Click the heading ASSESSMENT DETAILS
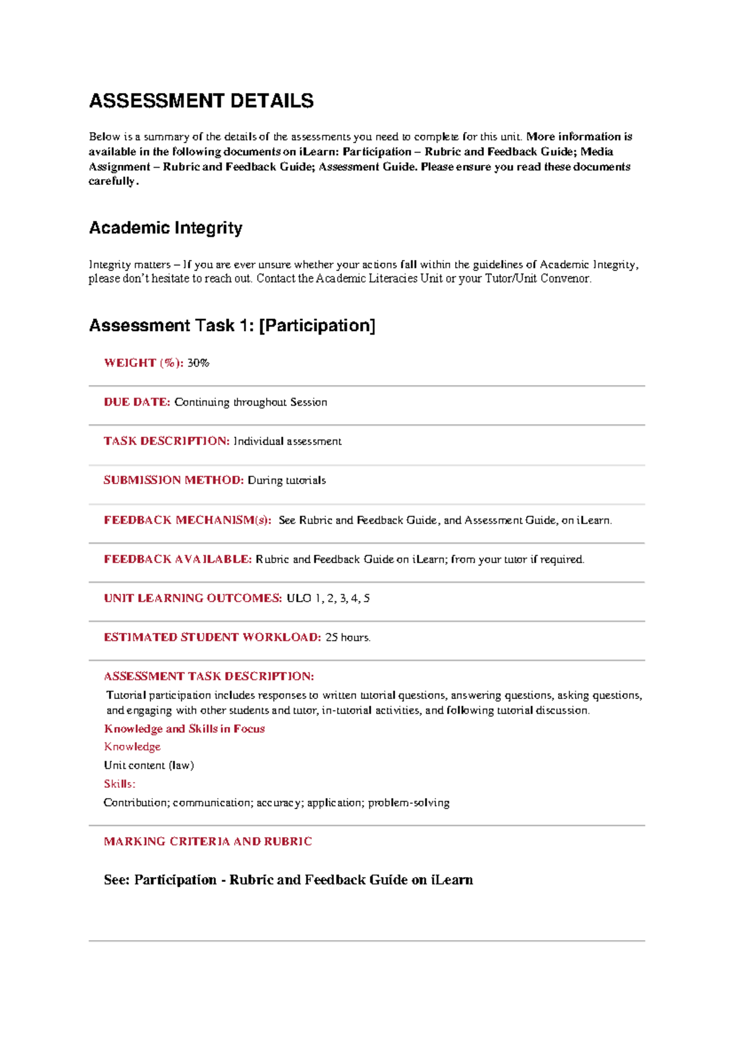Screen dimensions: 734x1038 pyautogui.click(x=201, y=101)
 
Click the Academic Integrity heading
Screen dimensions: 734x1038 pyautogui.click(x=166, y=228)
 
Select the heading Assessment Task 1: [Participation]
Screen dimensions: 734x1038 pyautogui.click(x=232, y=325)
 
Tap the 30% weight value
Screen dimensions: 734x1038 pyautogui.click(x=198, y=363)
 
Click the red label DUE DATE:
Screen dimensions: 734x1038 pyautogui.click(x=136, y=402)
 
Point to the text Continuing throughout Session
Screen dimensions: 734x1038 pyautogui.click(x=251, y=402)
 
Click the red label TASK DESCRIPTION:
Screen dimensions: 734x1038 pyautogui.click(x=166, y=441)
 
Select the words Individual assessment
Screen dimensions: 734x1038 pyautogui.click(x=287, y=441)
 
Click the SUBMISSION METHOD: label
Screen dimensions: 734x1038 pyautogui.click(x=174, y=480)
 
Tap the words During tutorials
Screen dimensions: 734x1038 pyautogui.click(x=287, y=480)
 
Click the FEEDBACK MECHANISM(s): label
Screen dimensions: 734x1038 pyautogui.click(x=187, y=520)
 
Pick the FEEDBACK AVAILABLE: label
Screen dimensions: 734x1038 pyautogui.click(x=177, y=559)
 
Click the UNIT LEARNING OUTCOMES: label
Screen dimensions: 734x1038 pyautogui.click(x=193, y=599)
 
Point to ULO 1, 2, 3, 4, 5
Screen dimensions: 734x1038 pyautogui.click(x=328, y=599)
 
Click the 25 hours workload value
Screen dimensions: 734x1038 pyautogui.click(x=347, y=638)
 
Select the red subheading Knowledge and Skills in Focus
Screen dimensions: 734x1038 pyautogui.click(x=184, y=729)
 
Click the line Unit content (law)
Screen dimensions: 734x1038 pyautogui.click(x=149, y=766)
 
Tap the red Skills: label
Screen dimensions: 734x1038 pyautogui.click(x=119, y=784)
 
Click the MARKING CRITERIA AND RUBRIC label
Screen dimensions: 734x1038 pyautogui.click(x=208, y=842)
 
